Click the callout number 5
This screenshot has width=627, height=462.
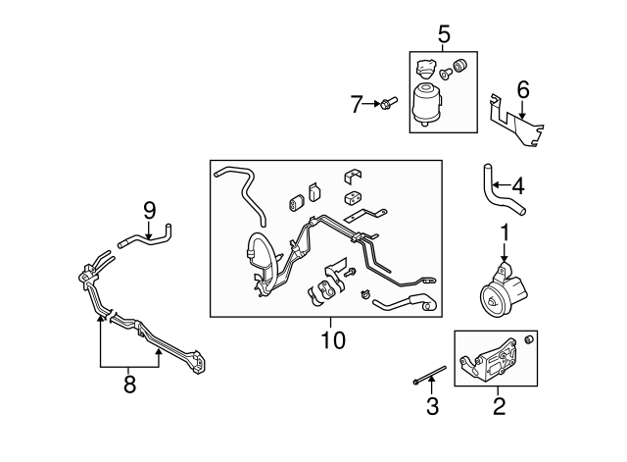click(x=443, y=35)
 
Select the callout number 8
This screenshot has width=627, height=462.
click(x=129, y=385)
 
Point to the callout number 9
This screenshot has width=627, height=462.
click(x=149, y=209)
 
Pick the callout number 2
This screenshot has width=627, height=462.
click(x=499, y=405)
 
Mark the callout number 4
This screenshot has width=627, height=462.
click(x=517, y=183)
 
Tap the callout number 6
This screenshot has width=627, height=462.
click(x=522, y=90)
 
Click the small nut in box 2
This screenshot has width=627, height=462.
click(x=530, y=338)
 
